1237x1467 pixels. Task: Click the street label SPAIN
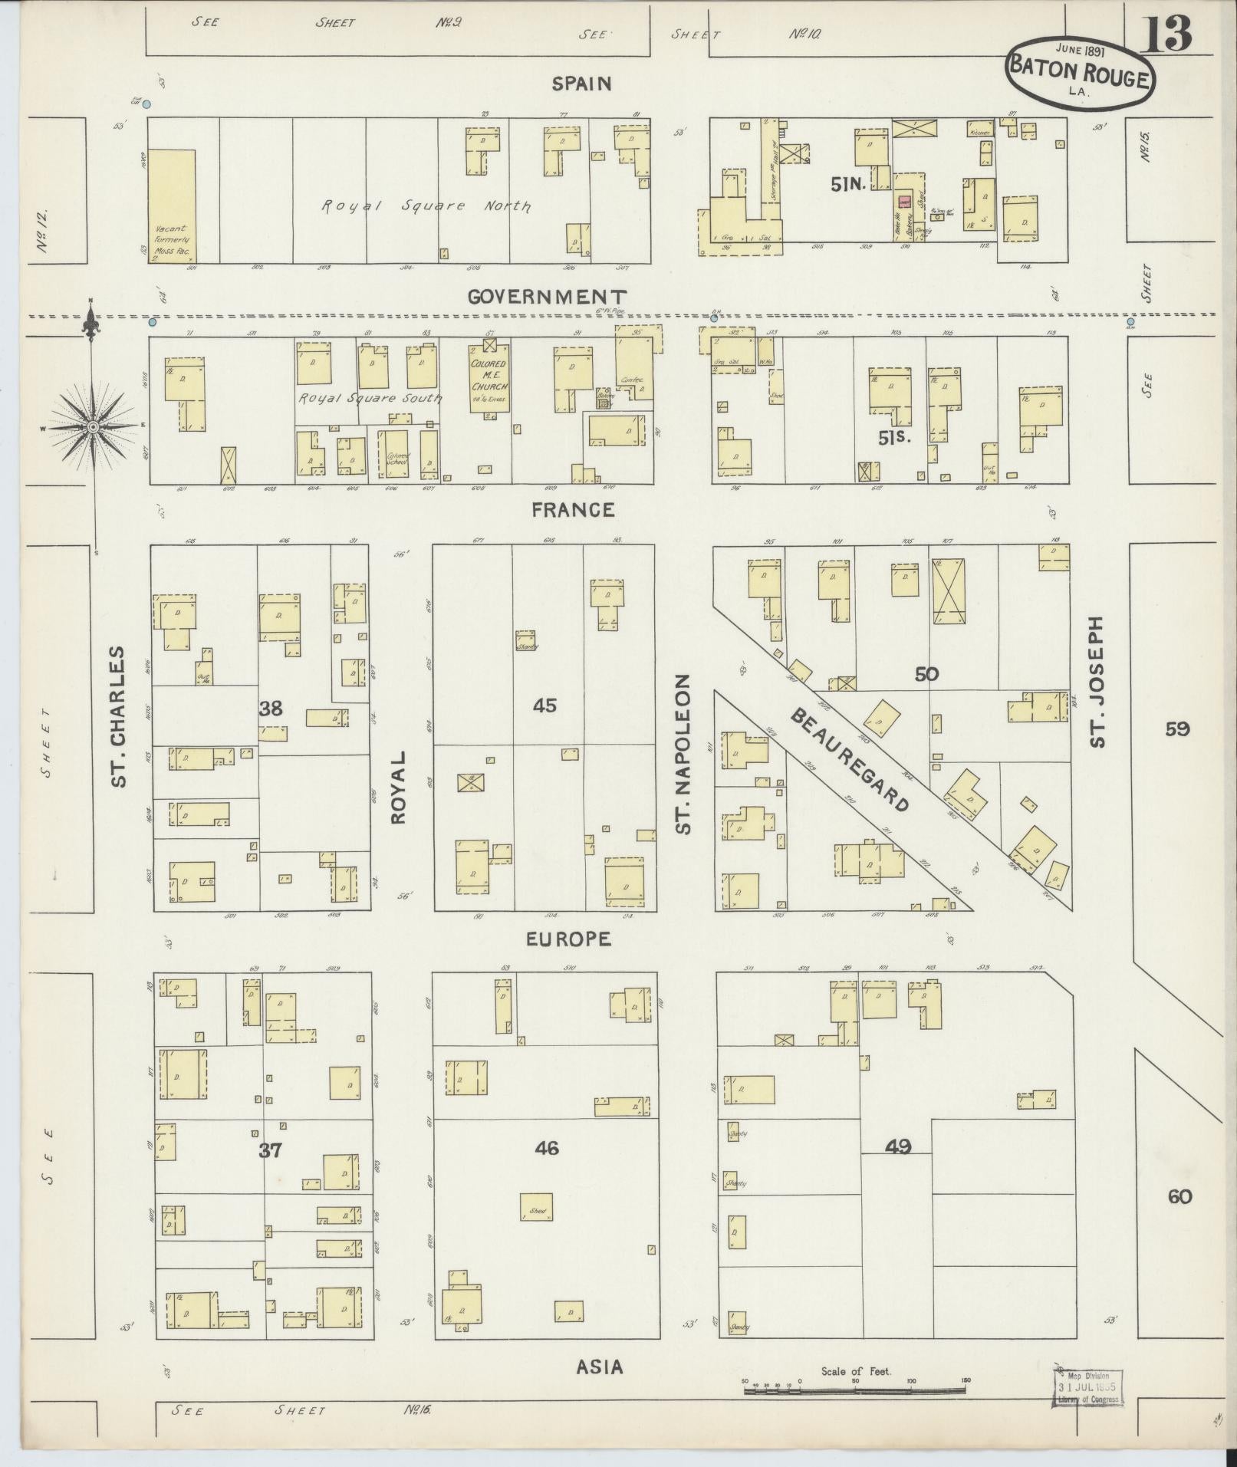(582, 84)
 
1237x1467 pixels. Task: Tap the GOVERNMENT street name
(548, 297)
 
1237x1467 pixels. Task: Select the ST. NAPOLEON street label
(684, 754)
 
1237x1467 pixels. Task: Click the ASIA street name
(599, 1367)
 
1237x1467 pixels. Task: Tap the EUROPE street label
(568, 939)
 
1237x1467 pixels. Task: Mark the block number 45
(544, 705)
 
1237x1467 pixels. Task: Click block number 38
(271, 709)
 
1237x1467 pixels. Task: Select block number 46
(547, 1148)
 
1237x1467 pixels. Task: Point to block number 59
(1177, 729)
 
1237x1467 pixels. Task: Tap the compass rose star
(92, 426)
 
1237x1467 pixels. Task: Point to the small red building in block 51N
(904, 202)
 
